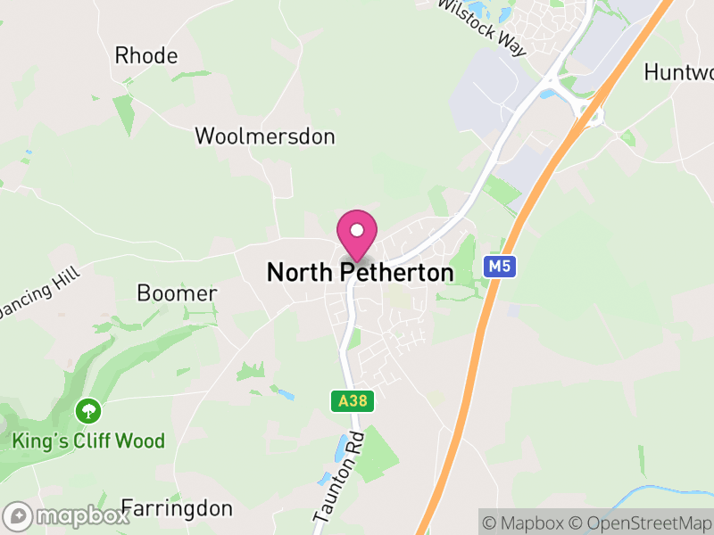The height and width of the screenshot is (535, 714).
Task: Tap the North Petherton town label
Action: pos(360,273)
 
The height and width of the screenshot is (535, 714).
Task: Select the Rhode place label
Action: pos(146,55)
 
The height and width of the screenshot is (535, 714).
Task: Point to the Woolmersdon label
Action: pos(265,136)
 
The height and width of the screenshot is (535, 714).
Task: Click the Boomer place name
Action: pos(177,293)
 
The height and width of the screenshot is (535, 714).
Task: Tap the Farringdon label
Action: pos(177,509)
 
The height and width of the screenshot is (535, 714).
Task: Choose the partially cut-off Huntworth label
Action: pos(678,72)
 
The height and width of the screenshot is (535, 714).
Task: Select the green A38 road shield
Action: pos(353,401)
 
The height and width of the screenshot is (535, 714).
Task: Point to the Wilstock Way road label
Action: pos(483,26)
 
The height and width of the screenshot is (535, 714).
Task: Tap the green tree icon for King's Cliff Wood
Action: pos(88,411)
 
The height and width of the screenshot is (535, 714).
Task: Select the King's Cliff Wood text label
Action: pos(88,440)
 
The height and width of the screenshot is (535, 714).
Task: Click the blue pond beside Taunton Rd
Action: pos(342,450)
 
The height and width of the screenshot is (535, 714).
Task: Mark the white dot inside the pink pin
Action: pos(357,230)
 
